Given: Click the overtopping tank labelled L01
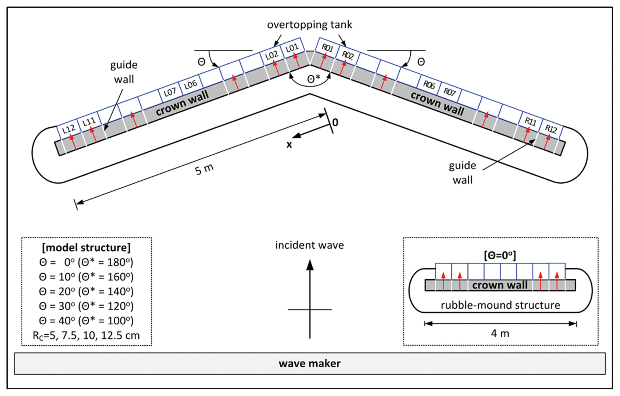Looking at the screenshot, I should (292, 48).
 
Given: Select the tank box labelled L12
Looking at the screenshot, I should (69, 129).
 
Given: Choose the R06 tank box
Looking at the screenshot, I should (429, 85).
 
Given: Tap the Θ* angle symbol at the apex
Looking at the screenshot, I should (314, 79).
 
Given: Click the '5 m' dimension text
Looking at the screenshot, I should (204, 169).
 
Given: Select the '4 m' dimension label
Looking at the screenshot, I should (500, 334).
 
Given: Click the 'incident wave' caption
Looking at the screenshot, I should (310, 245).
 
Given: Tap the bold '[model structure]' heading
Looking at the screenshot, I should (86, 248).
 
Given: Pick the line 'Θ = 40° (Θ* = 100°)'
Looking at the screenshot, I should (86, 321).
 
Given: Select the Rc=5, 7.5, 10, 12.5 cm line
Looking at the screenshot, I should (86, 335).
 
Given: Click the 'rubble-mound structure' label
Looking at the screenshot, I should (500, 305).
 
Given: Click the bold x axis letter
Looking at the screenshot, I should (289, 144).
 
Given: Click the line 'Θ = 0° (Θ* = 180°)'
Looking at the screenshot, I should (86, 262).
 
